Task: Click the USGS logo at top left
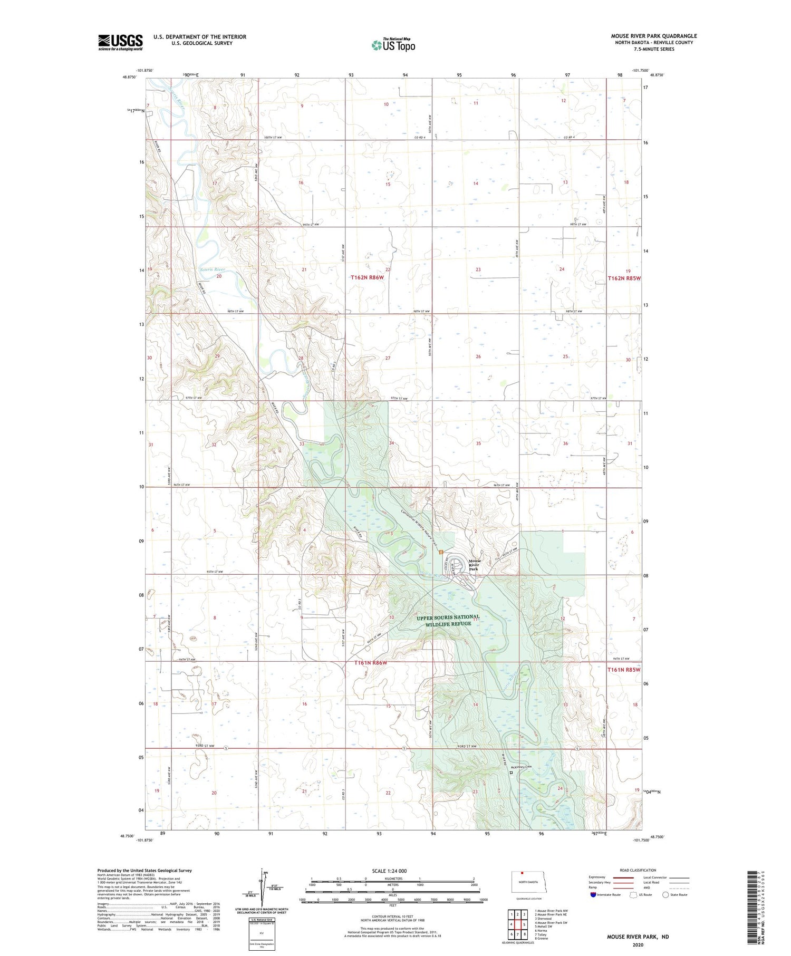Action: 120,42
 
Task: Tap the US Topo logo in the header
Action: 393,45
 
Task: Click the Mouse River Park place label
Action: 474,565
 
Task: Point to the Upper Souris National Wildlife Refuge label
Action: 448,620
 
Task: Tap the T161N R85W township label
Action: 623,670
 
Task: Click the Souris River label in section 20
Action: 213,269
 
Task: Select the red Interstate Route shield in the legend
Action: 593,894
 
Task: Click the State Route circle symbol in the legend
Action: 665,894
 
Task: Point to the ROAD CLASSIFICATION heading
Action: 638,870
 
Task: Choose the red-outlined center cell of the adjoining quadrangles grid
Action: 517,924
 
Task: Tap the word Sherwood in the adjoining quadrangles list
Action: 545,919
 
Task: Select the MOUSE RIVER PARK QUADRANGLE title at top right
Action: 654,36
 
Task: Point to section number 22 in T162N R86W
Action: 388,269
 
